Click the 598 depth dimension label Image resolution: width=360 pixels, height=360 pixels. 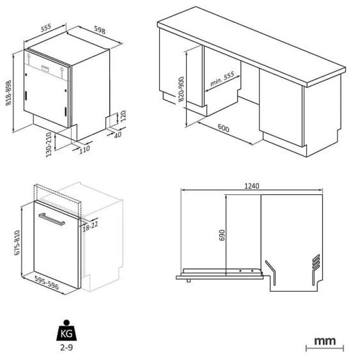(99, 29)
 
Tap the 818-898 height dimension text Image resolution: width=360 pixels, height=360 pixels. (8, 93)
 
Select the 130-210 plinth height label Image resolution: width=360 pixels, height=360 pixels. (48, 144)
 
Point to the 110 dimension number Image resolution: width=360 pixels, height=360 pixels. (84, 150)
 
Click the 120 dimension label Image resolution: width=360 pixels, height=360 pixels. (123, 116)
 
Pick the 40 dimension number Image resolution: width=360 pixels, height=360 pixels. (118, 134)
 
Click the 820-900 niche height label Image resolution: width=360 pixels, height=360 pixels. (181, 89)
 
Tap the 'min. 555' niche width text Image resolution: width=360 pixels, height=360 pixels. (222, 78)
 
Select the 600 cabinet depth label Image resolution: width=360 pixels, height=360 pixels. (223, 128)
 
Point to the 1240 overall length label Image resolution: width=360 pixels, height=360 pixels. (251, 185)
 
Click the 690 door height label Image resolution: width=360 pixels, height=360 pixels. (222, 235)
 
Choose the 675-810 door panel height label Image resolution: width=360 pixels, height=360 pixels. (17, 242)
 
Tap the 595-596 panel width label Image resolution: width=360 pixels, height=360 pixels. (46, 282)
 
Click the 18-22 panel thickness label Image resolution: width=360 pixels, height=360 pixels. (90, 226)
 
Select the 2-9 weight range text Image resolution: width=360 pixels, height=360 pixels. (66, 347)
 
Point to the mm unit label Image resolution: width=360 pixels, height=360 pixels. (324, 341)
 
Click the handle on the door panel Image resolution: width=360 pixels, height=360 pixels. (51, 219)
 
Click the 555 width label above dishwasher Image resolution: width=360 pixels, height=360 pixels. (46, 28)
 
